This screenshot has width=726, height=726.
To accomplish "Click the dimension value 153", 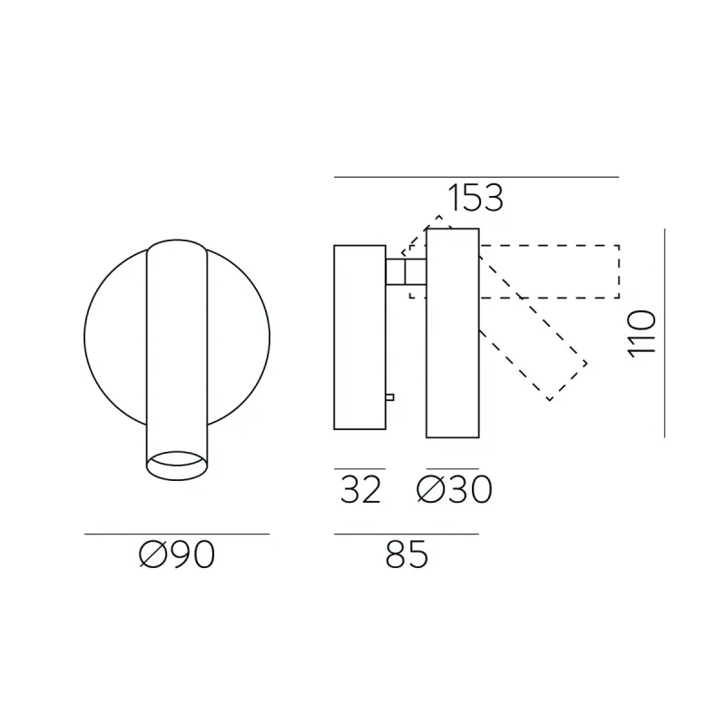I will (x=475, y=198).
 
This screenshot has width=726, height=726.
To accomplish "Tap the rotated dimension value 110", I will (x=642, y=333).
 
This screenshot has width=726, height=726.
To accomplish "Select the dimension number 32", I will (x=360, y=491).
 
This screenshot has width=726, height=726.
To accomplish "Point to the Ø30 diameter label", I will (x=454, y=491).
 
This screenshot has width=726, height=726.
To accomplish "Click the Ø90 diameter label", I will (x=178, y=554).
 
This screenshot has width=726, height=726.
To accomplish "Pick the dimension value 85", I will (x=406, y=554).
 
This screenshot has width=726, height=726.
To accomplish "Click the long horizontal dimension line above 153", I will (x=476, y=177).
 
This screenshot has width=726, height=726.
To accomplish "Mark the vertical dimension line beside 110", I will (x=665, y=333).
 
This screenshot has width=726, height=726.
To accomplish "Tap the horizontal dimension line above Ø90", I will (x=177, y=534).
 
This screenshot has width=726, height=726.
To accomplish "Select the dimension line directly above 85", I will (x=406, y=534).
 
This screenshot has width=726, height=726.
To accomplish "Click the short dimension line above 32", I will (x=360, y=469).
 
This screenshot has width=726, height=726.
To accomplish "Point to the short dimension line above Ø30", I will (x=452, y=469).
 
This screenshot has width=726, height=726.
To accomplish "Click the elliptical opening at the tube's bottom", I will (x=177, y=464).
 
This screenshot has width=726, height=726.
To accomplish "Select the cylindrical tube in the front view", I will (x=177, y=345).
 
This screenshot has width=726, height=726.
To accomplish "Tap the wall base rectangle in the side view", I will (x=360, y=338).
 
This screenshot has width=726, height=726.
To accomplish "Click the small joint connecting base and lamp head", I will (x=406, y=271).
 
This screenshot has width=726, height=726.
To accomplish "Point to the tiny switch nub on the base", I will (x=390, y=396).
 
